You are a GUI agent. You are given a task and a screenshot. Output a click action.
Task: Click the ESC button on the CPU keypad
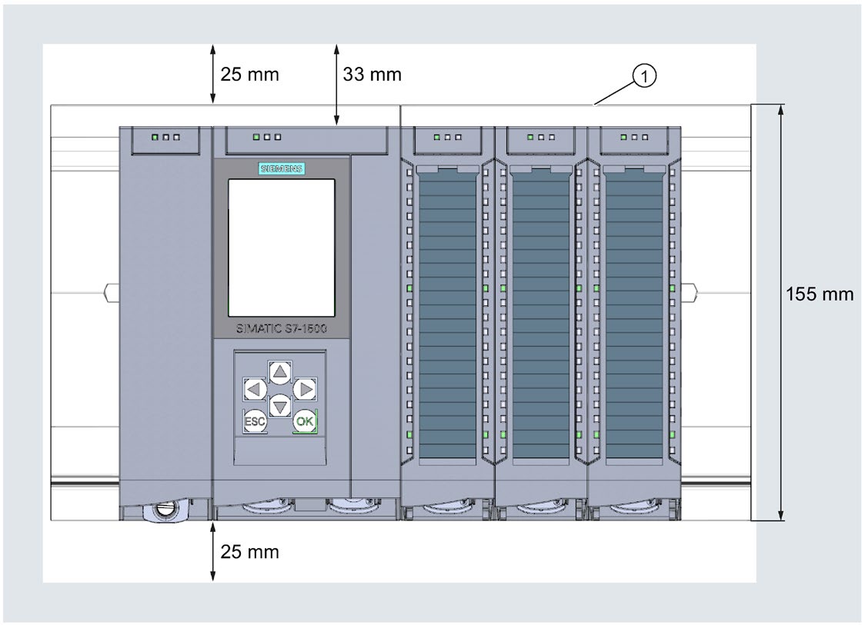254,421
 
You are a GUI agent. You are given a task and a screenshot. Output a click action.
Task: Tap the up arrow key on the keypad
280,373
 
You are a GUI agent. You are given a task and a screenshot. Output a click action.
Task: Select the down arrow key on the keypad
280,404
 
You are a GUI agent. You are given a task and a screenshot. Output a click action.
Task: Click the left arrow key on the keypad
254,389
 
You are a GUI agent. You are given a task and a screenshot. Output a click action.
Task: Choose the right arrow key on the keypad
306,389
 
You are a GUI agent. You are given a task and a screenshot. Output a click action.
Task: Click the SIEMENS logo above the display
281,169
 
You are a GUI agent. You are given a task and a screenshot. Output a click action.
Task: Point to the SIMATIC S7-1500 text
281,328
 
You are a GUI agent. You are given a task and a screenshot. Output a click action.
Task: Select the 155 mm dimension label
820,294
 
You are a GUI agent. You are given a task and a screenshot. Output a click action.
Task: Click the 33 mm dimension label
372,75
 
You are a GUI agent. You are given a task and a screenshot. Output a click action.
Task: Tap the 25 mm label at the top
249,75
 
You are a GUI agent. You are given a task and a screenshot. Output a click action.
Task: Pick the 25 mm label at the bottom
249,551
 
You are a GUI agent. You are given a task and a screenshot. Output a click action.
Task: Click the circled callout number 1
644,75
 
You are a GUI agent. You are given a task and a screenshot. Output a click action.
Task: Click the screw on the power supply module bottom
164,510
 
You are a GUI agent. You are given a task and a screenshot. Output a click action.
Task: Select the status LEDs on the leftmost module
165,137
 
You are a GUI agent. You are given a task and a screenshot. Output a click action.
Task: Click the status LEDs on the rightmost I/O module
633,137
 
